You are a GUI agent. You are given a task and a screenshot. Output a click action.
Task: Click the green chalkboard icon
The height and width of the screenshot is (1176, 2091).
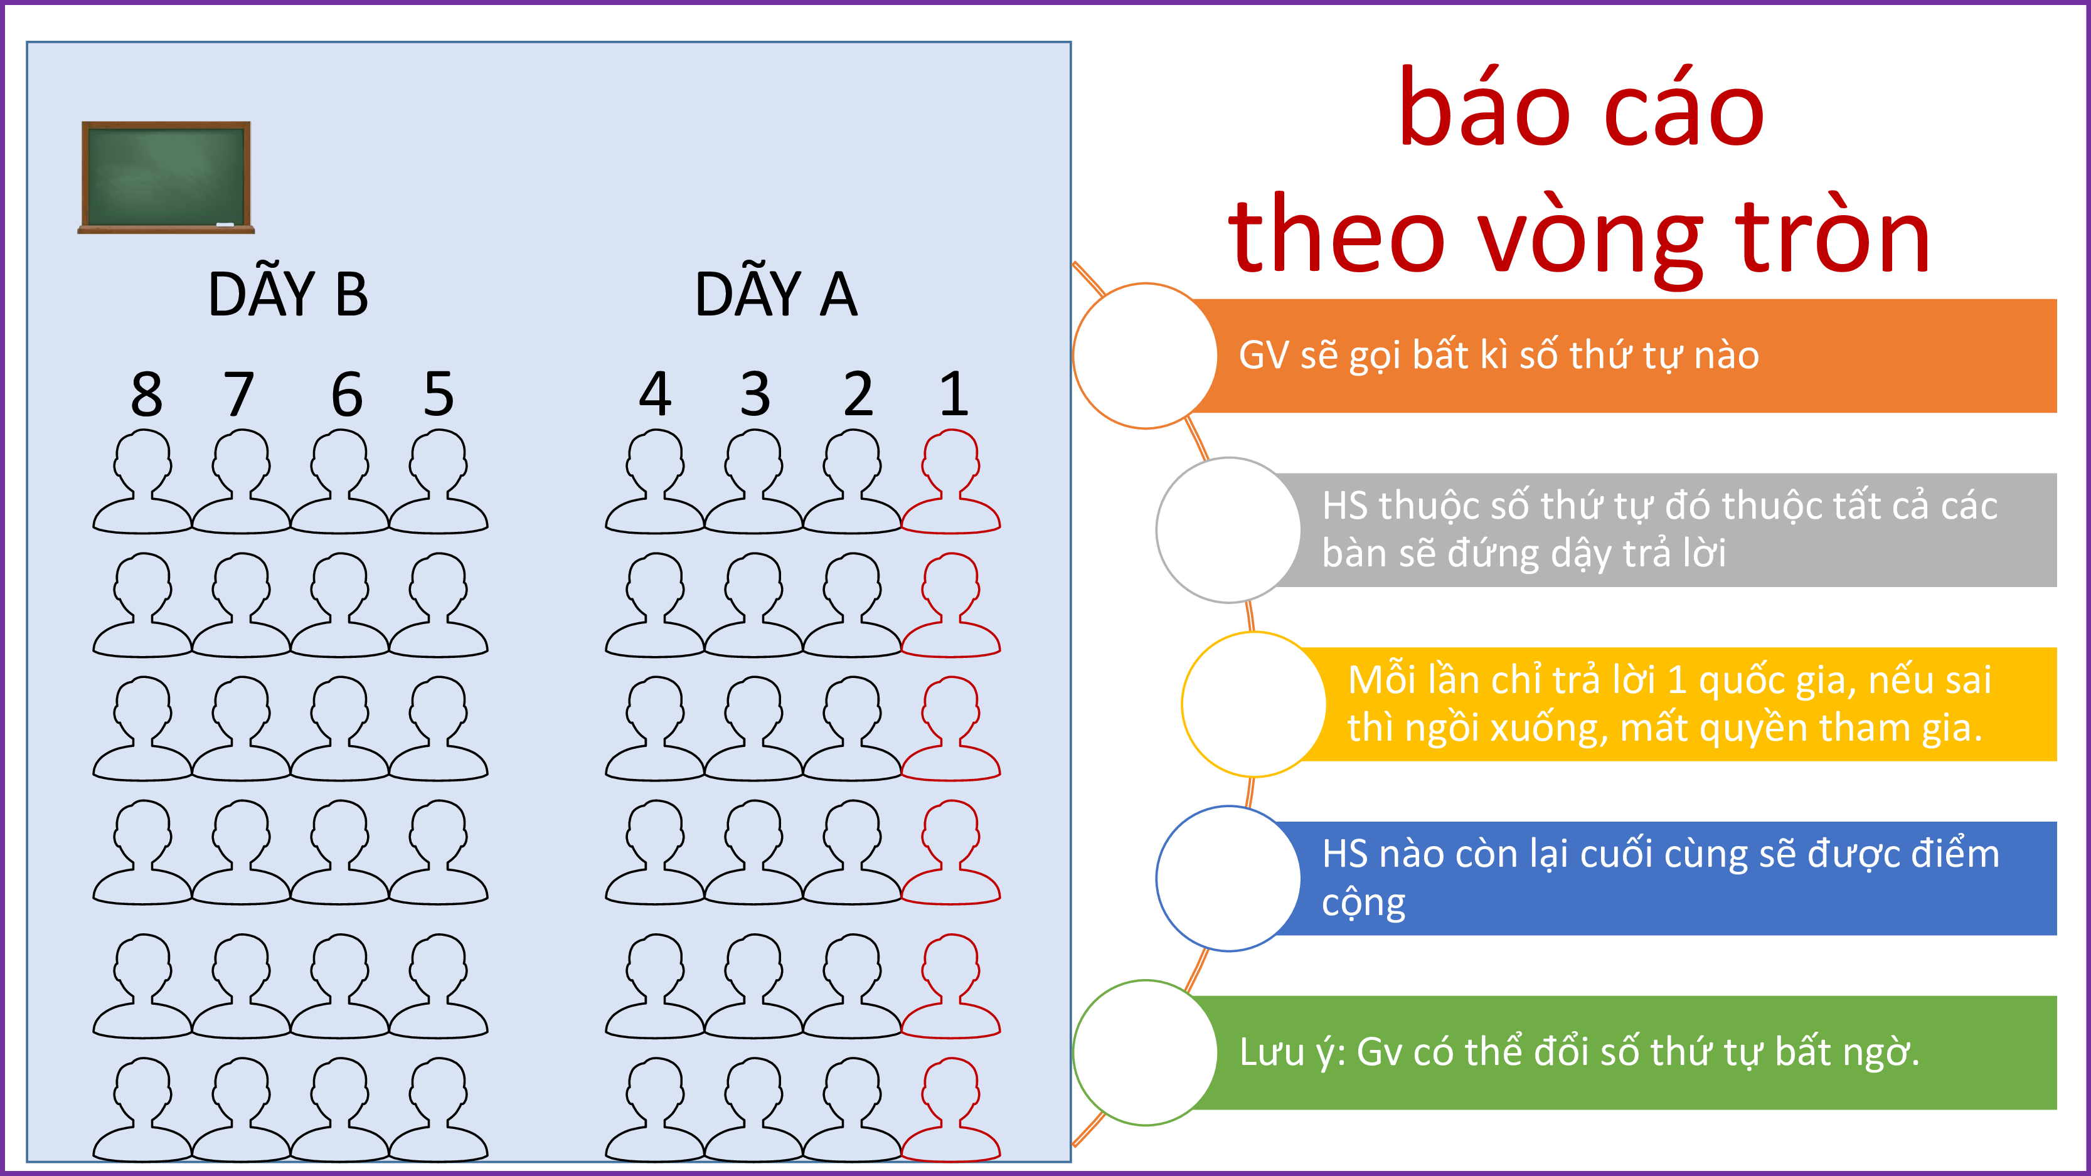pos(166,177)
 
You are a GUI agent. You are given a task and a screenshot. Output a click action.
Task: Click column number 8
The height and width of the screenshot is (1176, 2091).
pos(147,395)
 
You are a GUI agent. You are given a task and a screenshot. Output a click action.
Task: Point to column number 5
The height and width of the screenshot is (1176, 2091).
pos(439,395)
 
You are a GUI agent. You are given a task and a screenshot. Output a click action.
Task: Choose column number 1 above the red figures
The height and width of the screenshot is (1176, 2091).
pos(954,395)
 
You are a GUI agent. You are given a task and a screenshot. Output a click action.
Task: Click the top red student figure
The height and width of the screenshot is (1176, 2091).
pos(950,480)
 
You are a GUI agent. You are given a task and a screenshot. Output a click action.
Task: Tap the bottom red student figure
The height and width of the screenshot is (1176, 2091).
pos(950,1109)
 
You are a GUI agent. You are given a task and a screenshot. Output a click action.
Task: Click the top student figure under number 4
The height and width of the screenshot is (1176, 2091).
pos(655,480)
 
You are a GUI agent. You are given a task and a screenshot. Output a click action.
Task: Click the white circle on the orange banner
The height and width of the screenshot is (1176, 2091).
pos(1146,356)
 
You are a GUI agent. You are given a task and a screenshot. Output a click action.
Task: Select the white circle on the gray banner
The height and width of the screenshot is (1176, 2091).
pos(1229,530)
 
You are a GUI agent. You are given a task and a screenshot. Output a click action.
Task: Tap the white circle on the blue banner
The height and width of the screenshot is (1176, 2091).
pos(1229,878)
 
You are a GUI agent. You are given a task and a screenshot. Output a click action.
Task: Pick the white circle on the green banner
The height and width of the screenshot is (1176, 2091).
pos(1146,1052)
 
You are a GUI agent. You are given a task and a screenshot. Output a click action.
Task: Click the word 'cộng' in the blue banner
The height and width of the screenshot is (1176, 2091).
pos(1364,903)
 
